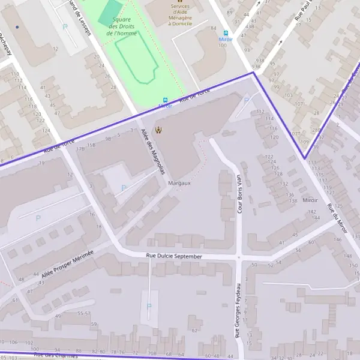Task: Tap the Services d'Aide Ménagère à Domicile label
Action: (179, 17)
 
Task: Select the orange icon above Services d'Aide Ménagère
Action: (179, 1)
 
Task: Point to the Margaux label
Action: (179, 183)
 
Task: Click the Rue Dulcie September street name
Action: (175, 256)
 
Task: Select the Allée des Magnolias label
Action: (152, 151)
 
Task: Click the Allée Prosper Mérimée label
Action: (68, 265)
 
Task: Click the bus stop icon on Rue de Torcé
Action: (165, 100)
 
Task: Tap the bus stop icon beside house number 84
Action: (226, 34)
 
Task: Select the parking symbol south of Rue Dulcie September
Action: (149, 306)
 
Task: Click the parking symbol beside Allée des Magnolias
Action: (124, 188)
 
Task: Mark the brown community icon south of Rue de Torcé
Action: (158, 130)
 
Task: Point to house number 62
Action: (194, 330)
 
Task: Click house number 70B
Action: (152, 354)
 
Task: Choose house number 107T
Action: (295, 133)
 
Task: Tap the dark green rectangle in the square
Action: (110, 13)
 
